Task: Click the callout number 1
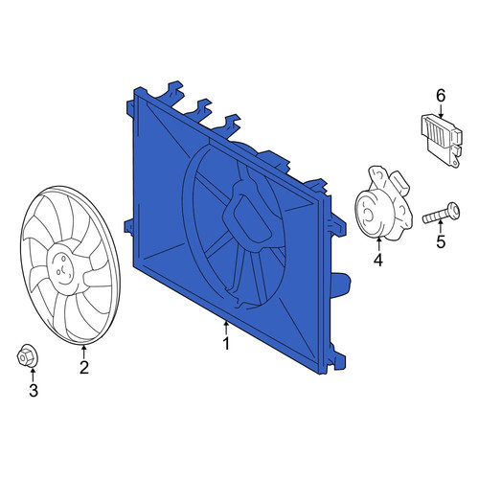pos(226,344)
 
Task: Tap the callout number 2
pos(84,368)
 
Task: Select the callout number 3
pos(34,390)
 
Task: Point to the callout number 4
pos(378,261)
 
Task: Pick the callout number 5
pos(441,241)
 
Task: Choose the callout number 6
pos(441,95)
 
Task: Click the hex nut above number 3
pos(26,357)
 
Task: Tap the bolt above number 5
pos(441,213)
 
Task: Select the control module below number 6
pos(441,140)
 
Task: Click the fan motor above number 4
pos(383,204)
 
